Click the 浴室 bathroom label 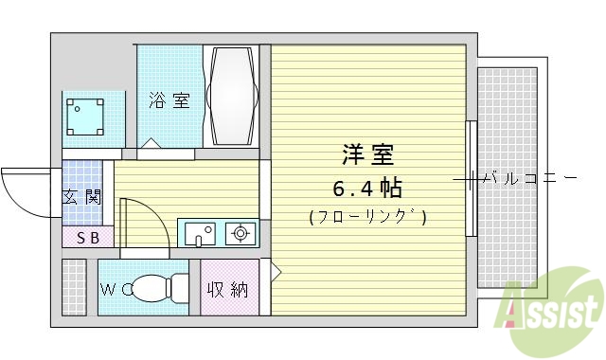pyautogui.click(x=169, y=99)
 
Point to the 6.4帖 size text pyautogui.click(x=367, y=186)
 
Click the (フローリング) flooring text pyautogui.click(x=367, y=217)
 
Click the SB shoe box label pyautogui.click(x=87, y=237)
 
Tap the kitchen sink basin pyautogui.click(x=199, y=232)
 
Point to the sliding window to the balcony pyautogui.click(x=470, y=178)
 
